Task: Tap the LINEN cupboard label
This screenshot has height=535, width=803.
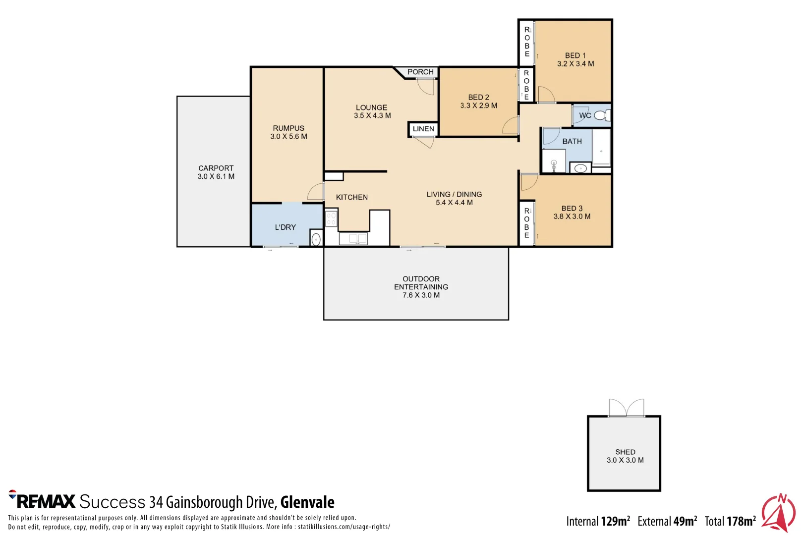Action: click(x=423, y=129)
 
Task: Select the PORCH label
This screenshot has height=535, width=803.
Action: click(x=420, y=72)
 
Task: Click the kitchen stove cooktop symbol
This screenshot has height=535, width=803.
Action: click(x=331, y=218)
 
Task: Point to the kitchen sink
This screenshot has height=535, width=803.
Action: click(x=353, y=239)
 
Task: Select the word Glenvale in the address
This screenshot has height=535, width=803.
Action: click(x=307, y=502)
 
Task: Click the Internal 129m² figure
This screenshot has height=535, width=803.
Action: click(x=598, y=521)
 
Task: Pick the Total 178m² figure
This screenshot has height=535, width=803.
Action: click(x=730, y=521)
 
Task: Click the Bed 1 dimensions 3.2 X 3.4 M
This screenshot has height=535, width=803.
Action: click(x=575, y=64)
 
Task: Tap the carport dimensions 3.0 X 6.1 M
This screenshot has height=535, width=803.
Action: click(x=216, y=176)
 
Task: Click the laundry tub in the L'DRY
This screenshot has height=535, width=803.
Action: click(x=316, y=239)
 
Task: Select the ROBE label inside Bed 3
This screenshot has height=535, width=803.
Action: click(x=527, y=223)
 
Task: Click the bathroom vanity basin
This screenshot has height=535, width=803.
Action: click(x=580, y=168)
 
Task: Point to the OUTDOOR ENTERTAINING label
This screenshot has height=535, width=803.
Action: click(x=421, y=283)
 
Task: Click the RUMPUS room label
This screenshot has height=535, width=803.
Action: click(x=288, y=128)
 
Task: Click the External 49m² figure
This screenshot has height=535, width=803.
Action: click(x=667, y=521)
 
